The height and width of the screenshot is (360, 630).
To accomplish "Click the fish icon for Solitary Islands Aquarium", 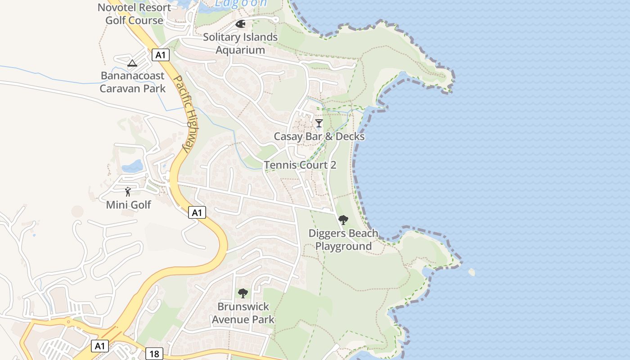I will click(240, 23).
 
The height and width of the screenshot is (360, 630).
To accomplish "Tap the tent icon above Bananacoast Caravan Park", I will click(132, 63).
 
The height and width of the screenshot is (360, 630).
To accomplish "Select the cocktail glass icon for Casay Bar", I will click(319, 123).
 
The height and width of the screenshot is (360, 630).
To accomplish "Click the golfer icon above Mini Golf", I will click(128, 192).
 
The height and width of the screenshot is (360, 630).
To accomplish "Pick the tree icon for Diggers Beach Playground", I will click(343, 220).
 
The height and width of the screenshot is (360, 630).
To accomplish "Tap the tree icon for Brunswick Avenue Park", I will click(243, 293).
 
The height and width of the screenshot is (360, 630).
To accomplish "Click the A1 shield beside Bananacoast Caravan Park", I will click(161, 55).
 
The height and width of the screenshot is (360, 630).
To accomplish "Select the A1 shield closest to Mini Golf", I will click(197, 212).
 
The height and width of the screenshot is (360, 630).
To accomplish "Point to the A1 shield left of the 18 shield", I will click(100, 346).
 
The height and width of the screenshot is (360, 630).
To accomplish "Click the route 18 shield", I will click(154, 354).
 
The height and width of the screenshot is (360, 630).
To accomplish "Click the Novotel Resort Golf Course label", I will click(134, 14).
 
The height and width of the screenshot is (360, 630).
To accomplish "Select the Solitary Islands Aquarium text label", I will click(240, 43).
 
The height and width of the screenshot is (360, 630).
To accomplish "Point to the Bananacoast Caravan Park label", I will click(132, 82).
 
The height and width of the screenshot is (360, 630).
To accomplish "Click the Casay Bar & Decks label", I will click(319, 136).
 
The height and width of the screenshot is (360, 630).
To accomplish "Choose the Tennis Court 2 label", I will click(300, 165).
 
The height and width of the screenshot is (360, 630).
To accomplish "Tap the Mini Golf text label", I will click(128, 205).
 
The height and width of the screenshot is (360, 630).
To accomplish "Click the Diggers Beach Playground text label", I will click(343, 240).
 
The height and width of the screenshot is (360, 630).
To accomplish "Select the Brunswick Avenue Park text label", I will click(243, 313).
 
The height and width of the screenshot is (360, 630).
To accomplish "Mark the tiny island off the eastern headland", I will click(471, 272).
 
